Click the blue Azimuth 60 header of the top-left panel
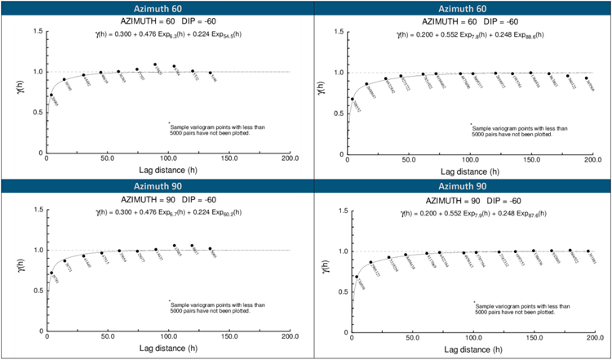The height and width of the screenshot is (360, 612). pos(154,8)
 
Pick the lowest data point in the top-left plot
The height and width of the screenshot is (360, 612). pos(51,95)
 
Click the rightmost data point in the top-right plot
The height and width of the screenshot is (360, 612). pos(586,78)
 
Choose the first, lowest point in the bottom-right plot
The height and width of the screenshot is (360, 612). pos(357,277)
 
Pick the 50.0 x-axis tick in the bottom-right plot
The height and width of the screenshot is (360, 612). pos(410,338)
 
